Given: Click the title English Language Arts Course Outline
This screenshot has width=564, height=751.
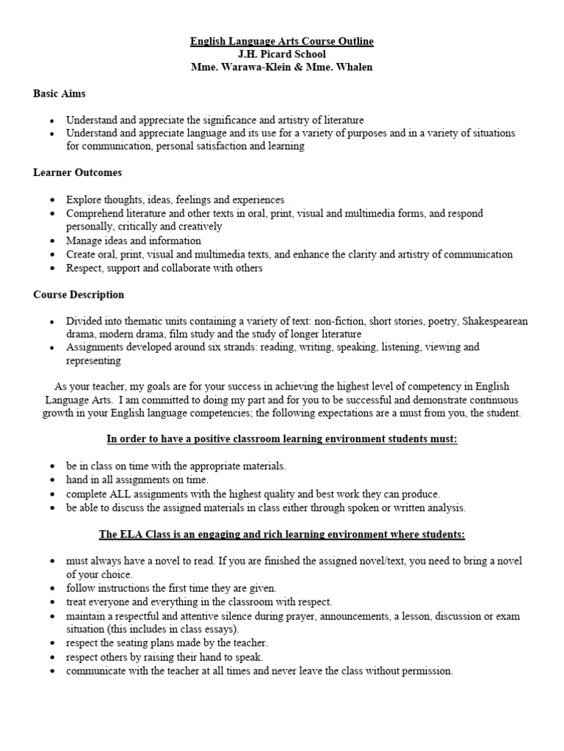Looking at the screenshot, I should tap(282, 42).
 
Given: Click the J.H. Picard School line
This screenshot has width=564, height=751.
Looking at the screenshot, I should tap(282, 54).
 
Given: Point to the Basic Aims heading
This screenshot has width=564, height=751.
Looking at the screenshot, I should tap(59, 94).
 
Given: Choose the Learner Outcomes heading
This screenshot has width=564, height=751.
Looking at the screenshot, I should tap(77, 173).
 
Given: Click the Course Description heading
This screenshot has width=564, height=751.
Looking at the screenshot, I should tap(79, 295).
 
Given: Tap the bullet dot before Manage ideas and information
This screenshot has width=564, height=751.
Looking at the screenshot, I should tap(51, 241).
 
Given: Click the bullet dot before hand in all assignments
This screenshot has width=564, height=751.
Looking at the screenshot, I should tap(51, 480).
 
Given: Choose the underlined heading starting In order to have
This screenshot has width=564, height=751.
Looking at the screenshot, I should tap(282, 439).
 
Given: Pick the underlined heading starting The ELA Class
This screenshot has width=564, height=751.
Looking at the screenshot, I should tap(282, 534).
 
